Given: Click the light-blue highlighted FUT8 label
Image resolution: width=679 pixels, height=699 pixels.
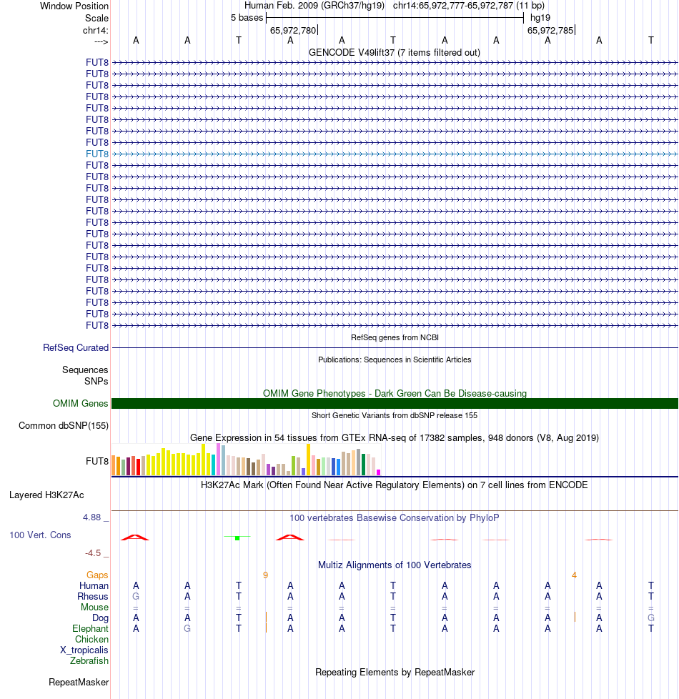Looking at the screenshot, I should [97, 154].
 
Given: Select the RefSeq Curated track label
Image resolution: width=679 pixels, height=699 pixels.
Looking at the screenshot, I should [76, 348].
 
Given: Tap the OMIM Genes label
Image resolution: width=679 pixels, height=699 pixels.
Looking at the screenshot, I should [81, 404].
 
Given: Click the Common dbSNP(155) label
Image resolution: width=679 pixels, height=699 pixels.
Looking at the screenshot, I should [64, 426].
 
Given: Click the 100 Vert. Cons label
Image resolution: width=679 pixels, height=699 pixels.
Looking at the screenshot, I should [40, 535].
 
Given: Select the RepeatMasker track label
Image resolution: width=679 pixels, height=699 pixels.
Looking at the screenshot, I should [79, 683].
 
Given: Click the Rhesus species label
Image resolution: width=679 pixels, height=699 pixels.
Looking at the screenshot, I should [93, 596].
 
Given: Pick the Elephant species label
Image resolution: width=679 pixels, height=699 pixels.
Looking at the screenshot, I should [91, 628].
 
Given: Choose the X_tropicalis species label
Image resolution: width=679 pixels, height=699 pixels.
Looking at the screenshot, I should [84, 650].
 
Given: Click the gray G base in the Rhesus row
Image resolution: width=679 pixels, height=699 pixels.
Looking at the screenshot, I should [136, 596].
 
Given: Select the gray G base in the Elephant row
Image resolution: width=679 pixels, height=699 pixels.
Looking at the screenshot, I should [187, 628].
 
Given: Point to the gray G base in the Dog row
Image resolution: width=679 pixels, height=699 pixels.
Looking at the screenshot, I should [651, 618].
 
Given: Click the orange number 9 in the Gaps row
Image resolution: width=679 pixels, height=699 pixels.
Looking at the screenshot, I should [265, 575].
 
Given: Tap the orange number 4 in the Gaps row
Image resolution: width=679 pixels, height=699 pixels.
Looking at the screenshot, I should [574, 575].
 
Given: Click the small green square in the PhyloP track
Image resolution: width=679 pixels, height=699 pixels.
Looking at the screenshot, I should [237, 537].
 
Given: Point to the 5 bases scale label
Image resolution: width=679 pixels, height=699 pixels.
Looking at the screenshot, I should [247, 17].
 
